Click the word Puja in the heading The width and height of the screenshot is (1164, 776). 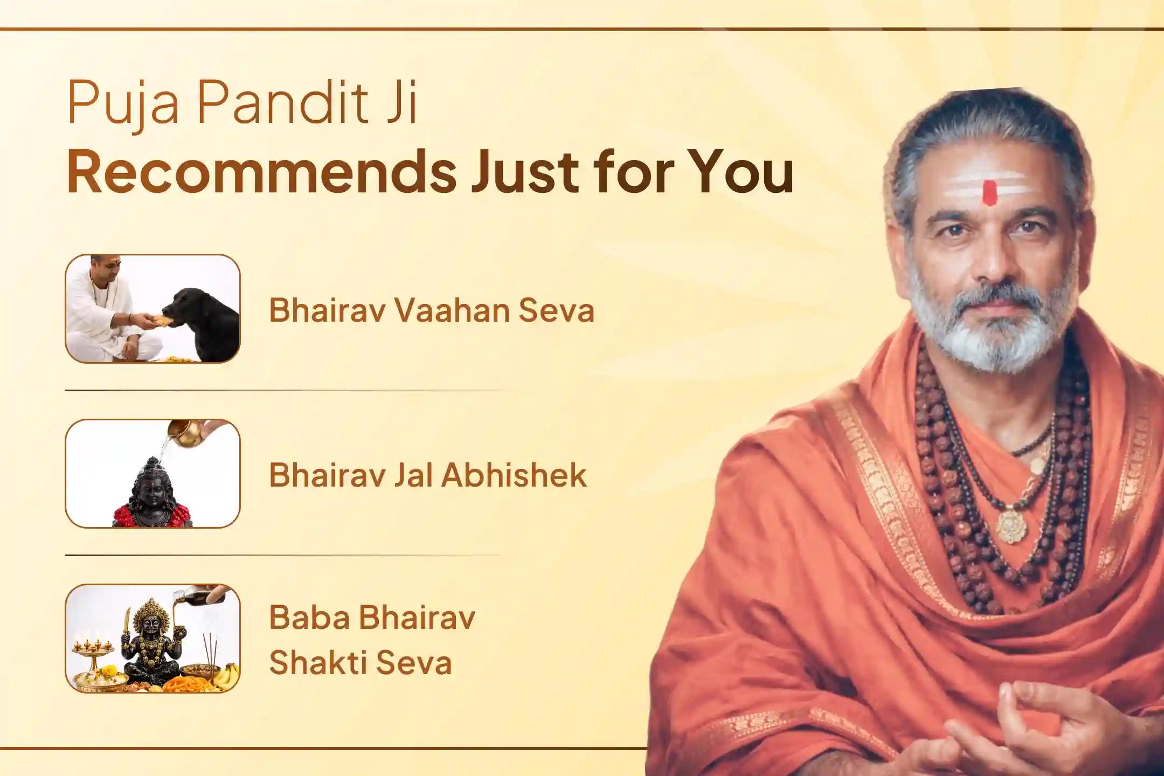(123, 102)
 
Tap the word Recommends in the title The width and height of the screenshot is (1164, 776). (261, 171)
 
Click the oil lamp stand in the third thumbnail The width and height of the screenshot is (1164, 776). (94, 655)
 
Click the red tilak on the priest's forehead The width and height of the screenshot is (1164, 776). (989, 192)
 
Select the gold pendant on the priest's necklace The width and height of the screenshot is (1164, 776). (1010, 525)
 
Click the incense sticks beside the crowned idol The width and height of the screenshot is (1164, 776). (208, 649)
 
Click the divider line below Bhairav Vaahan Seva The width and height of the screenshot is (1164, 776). (283, 390)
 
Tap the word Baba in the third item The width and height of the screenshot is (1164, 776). (309, 617)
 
